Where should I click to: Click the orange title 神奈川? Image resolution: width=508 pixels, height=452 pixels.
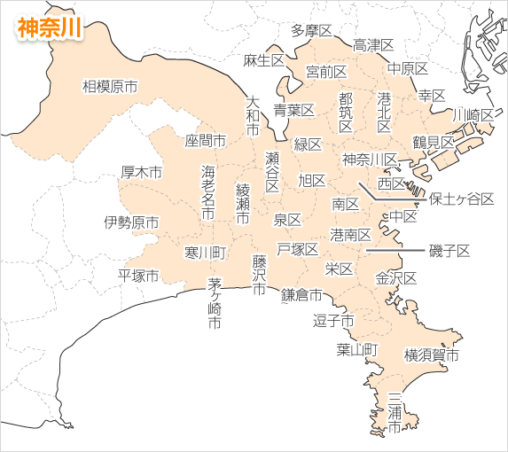50,27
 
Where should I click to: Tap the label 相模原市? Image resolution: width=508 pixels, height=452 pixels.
110,86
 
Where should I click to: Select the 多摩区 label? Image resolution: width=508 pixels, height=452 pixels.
311,31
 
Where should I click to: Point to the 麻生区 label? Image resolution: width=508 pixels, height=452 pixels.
263,60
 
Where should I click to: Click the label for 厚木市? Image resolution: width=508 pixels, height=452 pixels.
142,172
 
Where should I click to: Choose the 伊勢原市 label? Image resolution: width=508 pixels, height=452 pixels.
131,222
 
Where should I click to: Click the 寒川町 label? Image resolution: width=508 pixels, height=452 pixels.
205,253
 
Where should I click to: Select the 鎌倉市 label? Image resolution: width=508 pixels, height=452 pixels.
301,295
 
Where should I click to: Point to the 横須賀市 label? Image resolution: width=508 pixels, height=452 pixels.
432,356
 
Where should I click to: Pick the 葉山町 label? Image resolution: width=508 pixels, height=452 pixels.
356,349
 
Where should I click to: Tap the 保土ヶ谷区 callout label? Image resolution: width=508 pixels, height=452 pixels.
461,199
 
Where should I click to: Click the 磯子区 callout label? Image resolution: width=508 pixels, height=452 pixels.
449,251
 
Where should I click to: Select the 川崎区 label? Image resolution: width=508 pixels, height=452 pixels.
473,115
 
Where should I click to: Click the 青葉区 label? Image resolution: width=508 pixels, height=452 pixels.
293,110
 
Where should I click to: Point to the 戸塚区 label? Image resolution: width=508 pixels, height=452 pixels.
297,248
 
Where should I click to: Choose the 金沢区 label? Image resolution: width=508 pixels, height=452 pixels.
395,277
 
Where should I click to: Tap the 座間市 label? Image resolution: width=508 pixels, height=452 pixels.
205,140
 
